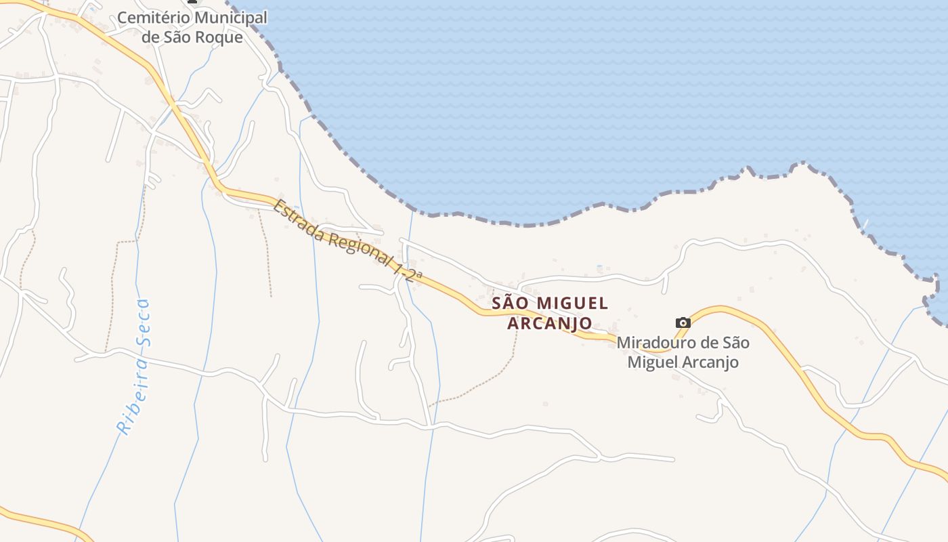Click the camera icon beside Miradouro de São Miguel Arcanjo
coord(683,322)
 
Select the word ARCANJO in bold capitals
coord(550,323)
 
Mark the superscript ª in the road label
coord(419,275)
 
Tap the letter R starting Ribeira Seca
coord(123,428)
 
